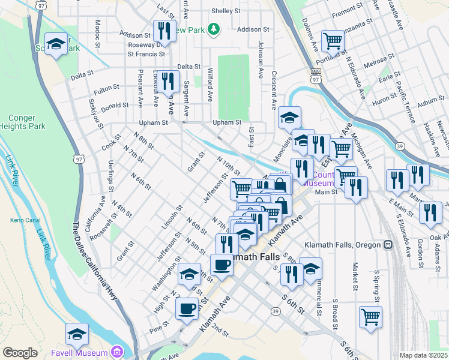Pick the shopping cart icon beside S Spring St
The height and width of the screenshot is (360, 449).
click(x=370, y=316)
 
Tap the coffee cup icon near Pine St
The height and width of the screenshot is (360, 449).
click(x=187, y=309)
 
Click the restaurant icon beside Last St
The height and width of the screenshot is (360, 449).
click(x=163, y=31)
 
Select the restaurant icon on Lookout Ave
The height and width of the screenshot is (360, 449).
click(x=169, y=80)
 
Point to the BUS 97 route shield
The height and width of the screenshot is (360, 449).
click(x=315, y=76)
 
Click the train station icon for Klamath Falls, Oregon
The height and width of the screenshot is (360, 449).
click(x=388, y=245)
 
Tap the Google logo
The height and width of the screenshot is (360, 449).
click(x=20, y=353)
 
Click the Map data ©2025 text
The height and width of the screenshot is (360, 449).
click(x=423, y=355)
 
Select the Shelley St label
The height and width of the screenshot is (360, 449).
click(x=226, y=11)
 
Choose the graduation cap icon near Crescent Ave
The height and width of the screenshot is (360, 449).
click(x=289, y=117)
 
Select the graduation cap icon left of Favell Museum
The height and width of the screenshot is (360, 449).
click(x=77, y=334)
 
